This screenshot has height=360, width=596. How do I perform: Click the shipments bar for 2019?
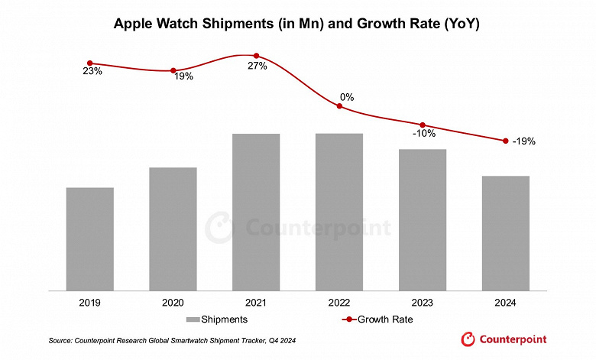pyautogui.click(x=90, y=238)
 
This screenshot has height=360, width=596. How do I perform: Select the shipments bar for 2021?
pyautogui.click(x=256, y=212)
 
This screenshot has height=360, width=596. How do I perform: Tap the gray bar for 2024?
pyautogui.click(x=505, y=233)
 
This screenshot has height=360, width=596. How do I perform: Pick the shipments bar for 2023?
pyautogui.click(x=423, y=219)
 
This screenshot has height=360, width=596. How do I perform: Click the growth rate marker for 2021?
pyautogui.click(x=256, y=56)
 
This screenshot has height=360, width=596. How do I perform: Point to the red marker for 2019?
pyautogui.click(x=90, y=63)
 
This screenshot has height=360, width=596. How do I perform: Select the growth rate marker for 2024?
pyautogui.click(x=505, y=141)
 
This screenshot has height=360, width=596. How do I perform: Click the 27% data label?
pyautogui.click(x=258, y=66)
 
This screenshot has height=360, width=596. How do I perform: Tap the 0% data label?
pyautogui.click(x=347, y=97)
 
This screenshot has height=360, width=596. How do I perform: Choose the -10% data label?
pyautogui.click(x=424, y=134)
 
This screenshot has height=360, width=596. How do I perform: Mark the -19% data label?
pyautogui.click(x=524, y=141)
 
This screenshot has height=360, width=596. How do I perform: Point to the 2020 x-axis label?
pyautogui.click(x=173, y=303)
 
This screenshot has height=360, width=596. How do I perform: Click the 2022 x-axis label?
pyautogui.click(x=339, y=303)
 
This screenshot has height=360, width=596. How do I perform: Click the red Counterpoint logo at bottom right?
pyautogui.click(x=504, y=339)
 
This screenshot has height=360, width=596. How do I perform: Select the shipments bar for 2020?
pyautogui.click(x=173, y=229)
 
